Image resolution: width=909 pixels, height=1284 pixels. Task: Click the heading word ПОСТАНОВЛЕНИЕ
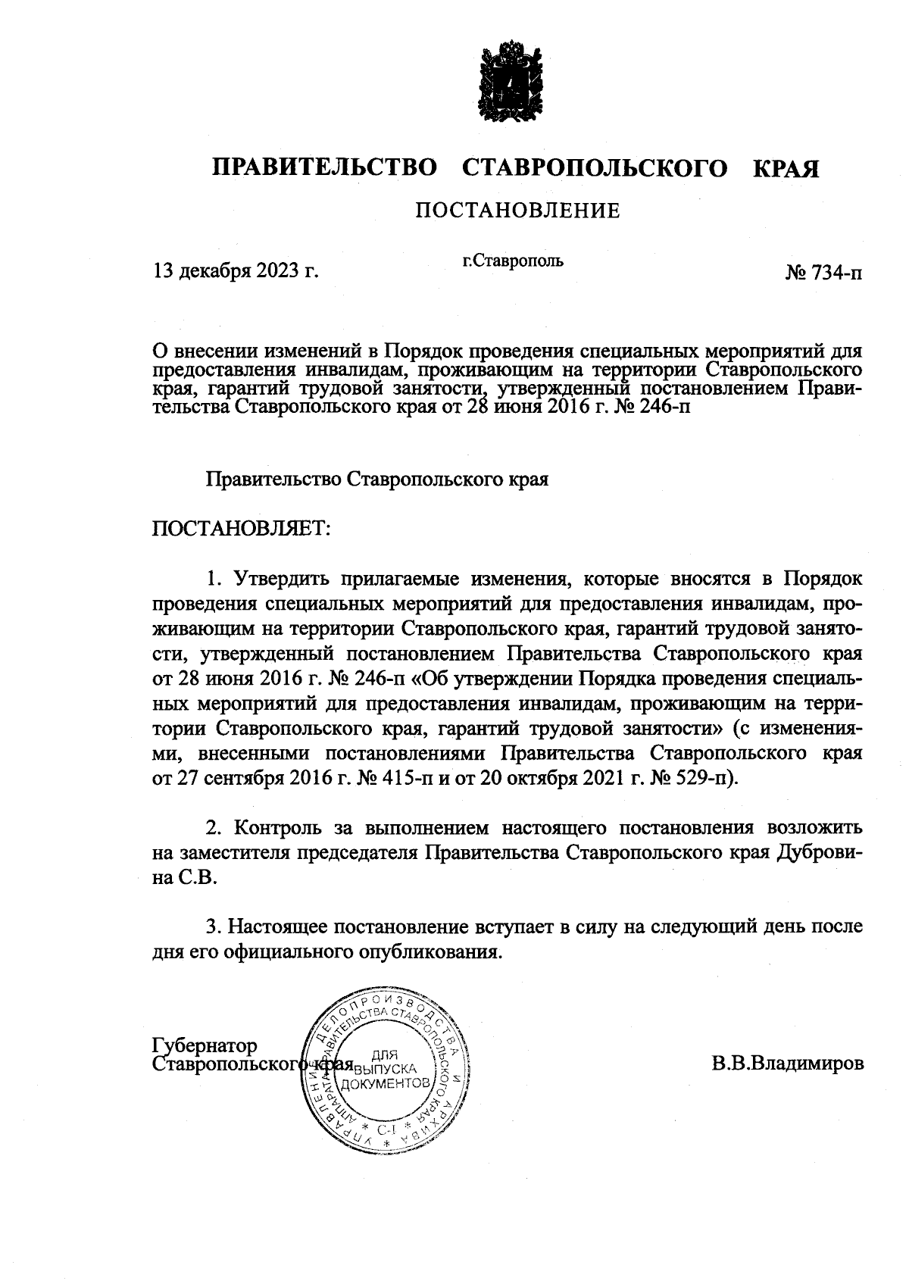[x=517, y=210]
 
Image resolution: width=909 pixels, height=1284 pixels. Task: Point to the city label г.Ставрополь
[x=513, y=261]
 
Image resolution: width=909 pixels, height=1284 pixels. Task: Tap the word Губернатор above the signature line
[x=205, y=1046]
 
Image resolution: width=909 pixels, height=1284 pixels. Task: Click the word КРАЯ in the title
[x=786, y=168]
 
